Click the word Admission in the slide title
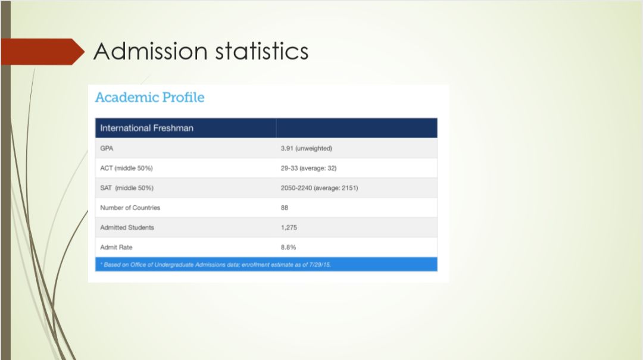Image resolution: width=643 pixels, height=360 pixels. tap(151, 51)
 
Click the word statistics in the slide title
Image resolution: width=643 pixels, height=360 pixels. tap(262, 51)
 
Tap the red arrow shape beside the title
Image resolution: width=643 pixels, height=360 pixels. tap(43, 52)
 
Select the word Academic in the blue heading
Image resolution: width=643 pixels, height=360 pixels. tap(127, 97)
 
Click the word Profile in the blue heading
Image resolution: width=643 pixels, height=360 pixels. tap(183, 97)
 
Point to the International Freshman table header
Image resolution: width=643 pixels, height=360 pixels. tap(147, 128)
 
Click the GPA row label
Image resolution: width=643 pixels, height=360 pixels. tap(107, 148)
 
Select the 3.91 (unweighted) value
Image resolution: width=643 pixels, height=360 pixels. tap(307, 148)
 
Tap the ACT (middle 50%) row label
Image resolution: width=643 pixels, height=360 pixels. tap(126, 168)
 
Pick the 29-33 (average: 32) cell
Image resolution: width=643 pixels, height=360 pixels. tap(309, 168)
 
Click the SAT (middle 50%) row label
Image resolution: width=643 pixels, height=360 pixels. tap(127, 188)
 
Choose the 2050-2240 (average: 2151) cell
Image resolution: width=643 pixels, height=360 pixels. tap(320, 188)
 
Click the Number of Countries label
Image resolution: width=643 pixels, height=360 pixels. tap(130, 208)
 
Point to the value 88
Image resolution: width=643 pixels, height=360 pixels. tap(285, 208)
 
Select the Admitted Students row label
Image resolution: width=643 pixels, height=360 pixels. tap(127, 227)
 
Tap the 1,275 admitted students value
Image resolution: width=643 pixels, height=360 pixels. tap(289, 227)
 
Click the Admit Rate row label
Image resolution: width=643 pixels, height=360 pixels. tap(116, 248)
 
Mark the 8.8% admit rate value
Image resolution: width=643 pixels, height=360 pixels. tap(288, 248)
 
